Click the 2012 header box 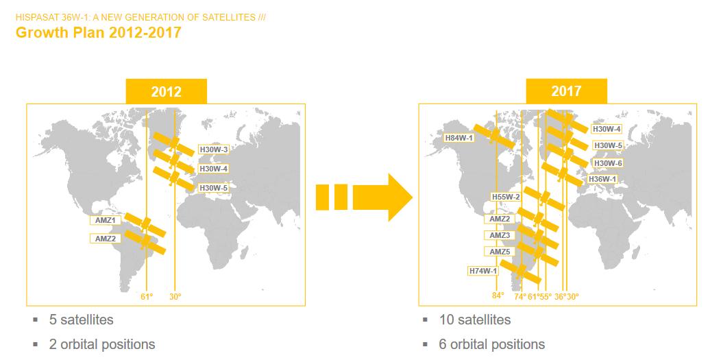coord(166,91)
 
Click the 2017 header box coord(566,91)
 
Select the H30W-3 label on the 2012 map coord(214,149)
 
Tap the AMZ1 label coord(106,221)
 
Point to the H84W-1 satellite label coord(458,138)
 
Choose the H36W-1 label coord(602,180)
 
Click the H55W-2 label coord(506,197)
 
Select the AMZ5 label coord(500,252)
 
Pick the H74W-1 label coord(483,272)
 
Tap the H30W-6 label coord(608,163)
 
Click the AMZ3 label coord(500,235)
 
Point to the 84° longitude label coord(498,296)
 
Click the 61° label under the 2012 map coord(147,297)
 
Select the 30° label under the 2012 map coord(175,297)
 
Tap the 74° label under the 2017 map coord(520,297)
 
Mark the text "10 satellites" coord(475,320)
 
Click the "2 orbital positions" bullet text coord(102,345)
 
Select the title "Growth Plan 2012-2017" coord(98,33)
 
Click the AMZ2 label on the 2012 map coord(106,238)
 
